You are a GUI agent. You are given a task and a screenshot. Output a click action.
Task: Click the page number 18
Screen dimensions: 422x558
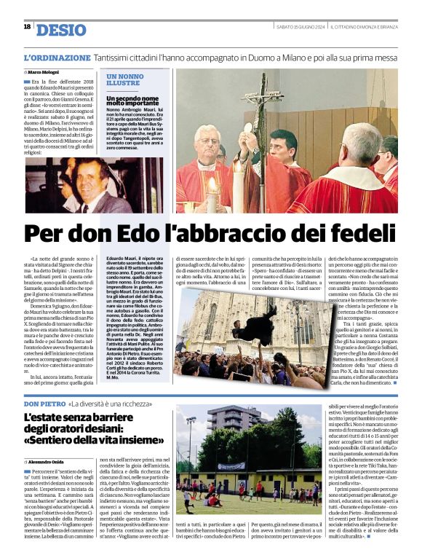27,27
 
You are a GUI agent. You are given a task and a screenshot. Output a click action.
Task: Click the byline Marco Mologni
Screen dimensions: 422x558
44,72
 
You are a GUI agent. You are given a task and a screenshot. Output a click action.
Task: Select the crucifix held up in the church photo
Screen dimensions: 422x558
262,102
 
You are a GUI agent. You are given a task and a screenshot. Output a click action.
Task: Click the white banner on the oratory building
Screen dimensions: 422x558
232,465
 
